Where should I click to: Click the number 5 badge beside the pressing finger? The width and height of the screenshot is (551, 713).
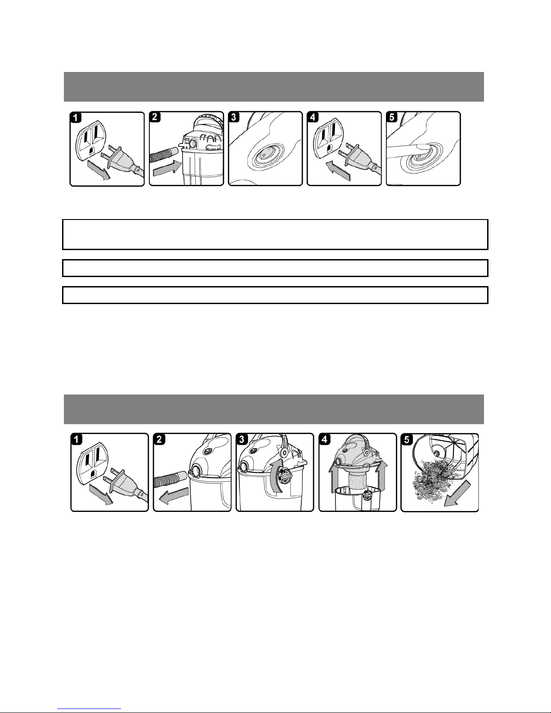(x=392, y=117)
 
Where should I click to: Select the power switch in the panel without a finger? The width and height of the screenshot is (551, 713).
(x=264, y=153)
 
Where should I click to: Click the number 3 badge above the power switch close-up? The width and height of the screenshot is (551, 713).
(x=234, y=117)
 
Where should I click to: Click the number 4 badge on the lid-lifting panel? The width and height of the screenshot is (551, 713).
(x=325, y=439)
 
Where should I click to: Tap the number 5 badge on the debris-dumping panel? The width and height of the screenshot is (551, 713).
(x=407, y=439)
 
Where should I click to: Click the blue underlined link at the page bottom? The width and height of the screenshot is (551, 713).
(x=89, y=708)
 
